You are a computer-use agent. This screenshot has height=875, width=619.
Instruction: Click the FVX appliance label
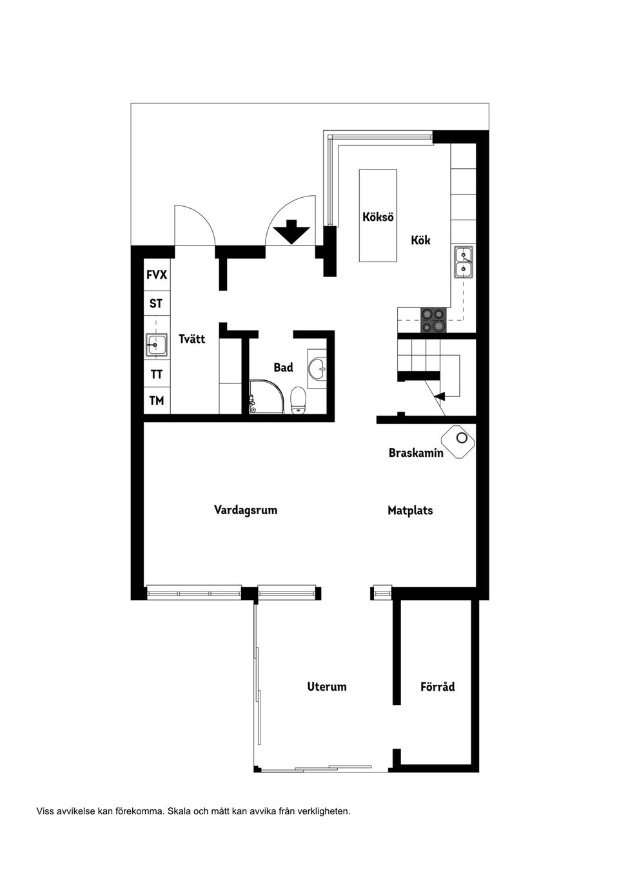coord(157,275)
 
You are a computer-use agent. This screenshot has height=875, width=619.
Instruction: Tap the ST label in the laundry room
coord(156,303)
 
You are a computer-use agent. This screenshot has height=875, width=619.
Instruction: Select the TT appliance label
coord(157,374)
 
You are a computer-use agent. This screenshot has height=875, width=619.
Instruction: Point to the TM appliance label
coord(157,400)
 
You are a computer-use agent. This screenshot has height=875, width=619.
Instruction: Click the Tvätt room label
coord(192,339)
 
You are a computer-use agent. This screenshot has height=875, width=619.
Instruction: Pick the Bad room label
coord(283,367)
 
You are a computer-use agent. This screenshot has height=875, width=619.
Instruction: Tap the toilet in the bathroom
coord(298,399)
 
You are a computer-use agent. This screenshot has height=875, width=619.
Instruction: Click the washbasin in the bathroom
coord(317,369)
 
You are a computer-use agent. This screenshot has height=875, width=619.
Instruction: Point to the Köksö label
coord(378,217)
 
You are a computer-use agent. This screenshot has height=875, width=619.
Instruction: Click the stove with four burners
coord(433,320)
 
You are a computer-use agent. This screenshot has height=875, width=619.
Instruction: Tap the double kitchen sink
coord(463,262)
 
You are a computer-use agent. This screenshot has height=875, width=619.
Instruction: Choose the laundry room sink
coord(156,345)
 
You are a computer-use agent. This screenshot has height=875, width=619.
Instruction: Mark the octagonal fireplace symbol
coord(460,441)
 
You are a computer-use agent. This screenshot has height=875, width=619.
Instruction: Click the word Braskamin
coord(416,453)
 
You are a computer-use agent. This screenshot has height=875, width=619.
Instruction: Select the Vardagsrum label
coord(246,510)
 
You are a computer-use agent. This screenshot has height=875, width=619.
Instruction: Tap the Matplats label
coord(410,510)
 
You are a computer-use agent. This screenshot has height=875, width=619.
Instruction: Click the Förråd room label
coord(437,687)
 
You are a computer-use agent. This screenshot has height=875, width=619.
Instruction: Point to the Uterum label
coord(327,687)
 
